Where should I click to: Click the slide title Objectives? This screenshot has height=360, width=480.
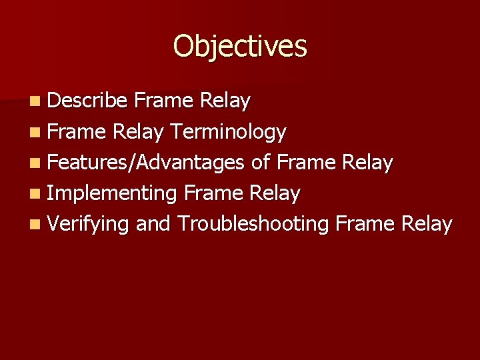(240, 47)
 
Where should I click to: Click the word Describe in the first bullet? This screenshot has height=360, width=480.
(87, 101)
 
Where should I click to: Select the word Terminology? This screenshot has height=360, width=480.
(227, 133)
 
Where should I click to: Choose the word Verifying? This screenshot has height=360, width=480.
(88, 224)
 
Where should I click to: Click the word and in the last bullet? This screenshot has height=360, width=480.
(153, 224)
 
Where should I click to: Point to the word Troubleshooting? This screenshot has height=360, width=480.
(253, 224)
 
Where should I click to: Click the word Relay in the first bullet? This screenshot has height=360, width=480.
(225, 101)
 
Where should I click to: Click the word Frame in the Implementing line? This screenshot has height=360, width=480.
(214, 193)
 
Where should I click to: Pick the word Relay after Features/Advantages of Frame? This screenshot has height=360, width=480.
(368, 163)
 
